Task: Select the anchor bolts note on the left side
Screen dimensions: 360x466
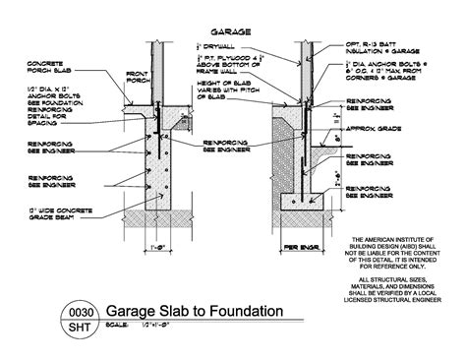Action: (x=55, y=105)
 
